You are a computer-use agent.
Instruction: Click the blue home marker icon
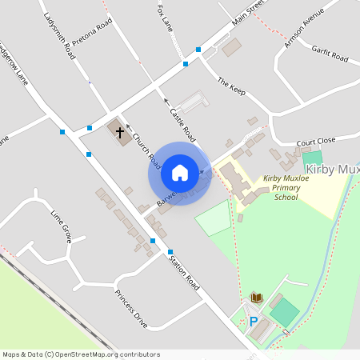click(x=180, y=171)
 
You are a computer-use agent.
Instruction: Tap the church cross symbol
click(x=120, y=132)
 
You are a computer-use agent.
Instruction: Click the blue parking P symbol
click(x=254, y=322)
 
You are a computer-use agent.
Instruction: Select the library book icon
click(x=256, y=298)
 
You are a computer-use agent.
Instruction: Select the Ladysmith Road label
click(x=60, y=36)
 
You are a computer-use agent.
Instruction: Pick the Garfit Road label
click(x=330, y=53)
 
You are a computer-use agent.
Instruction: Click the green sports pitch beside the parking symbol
click(x=285, y=312)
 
